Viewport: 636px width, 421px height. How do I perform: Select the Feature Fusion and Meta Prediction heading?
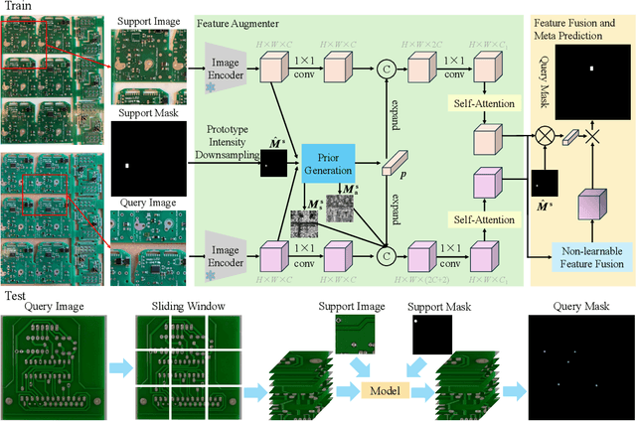point(582,29)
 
